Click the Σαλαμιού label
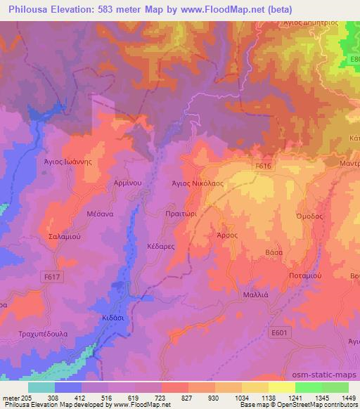(x=61, y=238)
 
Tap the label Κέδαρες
(x=162, y=248)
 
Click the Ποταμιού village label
(x=305, y=276)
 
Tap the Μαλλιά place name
(x=255, y=296)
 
